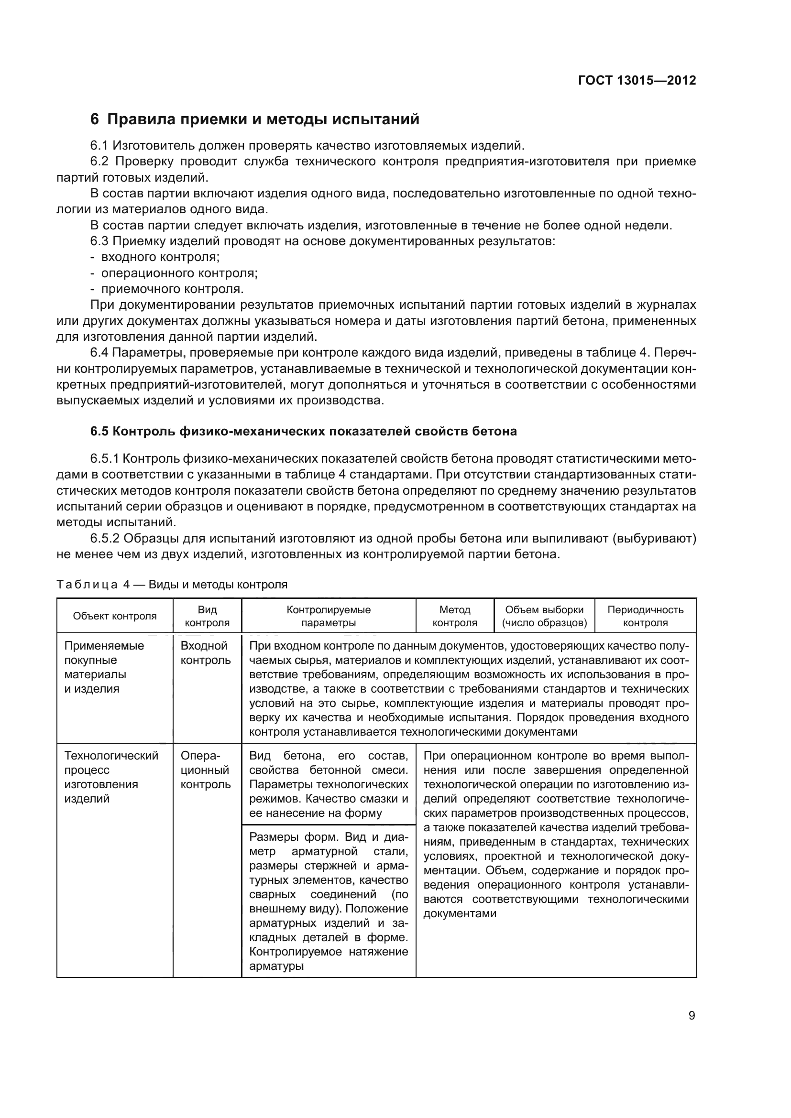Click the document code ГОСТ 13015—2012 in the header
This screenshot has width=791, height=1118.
(637, 80)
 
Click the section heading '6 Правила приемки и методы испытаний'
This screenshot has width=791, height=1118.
(255, 119)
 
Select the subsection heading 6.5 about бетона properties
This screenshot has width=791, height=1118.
(304, 432)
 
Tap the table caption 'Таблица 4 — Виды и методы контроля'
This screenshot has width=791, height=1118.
(172, 584)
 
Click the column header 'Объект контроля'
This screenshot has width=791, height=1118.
(115, 616)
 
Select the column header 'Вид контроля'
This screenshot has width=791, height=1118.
(207, 616)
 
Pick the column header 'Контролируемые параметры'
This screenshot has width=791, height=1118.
(328, 616)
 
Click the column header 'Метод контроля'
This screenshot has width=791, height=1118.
(454, 616)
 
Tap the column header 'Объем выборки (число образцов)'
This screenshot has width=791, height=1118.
(544, 616)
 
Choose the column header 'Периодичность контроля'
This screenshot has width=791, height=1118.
(645, 616)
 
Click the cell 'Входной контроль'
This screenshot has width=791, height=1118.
(206, 653)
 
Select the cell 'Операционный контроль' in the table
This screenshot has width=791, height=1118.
(206, 770)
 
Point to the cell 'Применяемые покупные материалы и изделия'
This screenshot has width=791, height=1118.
(104, 667)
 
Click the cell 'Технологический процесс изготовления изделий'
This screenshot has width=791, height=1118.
(111, 777)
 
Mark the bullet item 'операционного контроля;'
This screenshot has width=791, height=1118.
(179, 273)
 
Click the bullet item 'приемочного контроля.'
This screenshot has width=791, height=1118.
(172, 289)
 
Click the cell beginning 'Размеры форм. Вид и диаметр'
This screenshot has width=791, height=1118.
(328, 901)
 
